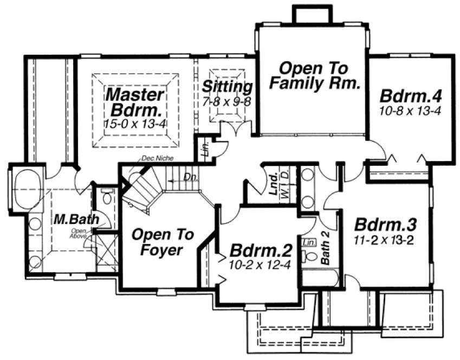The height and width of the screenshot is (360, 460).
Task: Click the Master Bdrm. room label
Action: tap(134, 101)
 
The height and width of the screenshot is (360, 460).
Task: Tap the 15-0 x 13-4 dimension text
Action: tap(134, 123)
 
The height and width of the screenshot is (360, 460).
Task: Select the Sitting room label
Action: tap(228, 87)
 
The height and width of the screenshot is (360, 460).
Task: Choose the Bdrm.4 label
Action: tap(411, 97)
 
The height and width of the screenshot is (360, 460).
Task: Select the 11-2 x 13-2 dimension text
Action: tap(384, 240)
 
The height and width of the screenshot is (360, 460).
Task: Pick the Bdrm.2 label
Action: tap(261, 252)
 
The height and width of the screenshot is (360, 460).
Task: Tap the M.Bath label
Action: tap(76, 220)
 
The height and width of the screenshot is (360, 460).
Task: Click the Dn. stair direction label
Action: tap(189, 176)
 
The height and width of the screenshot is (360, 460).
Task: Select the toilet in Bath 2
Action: tap(310, 255)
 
